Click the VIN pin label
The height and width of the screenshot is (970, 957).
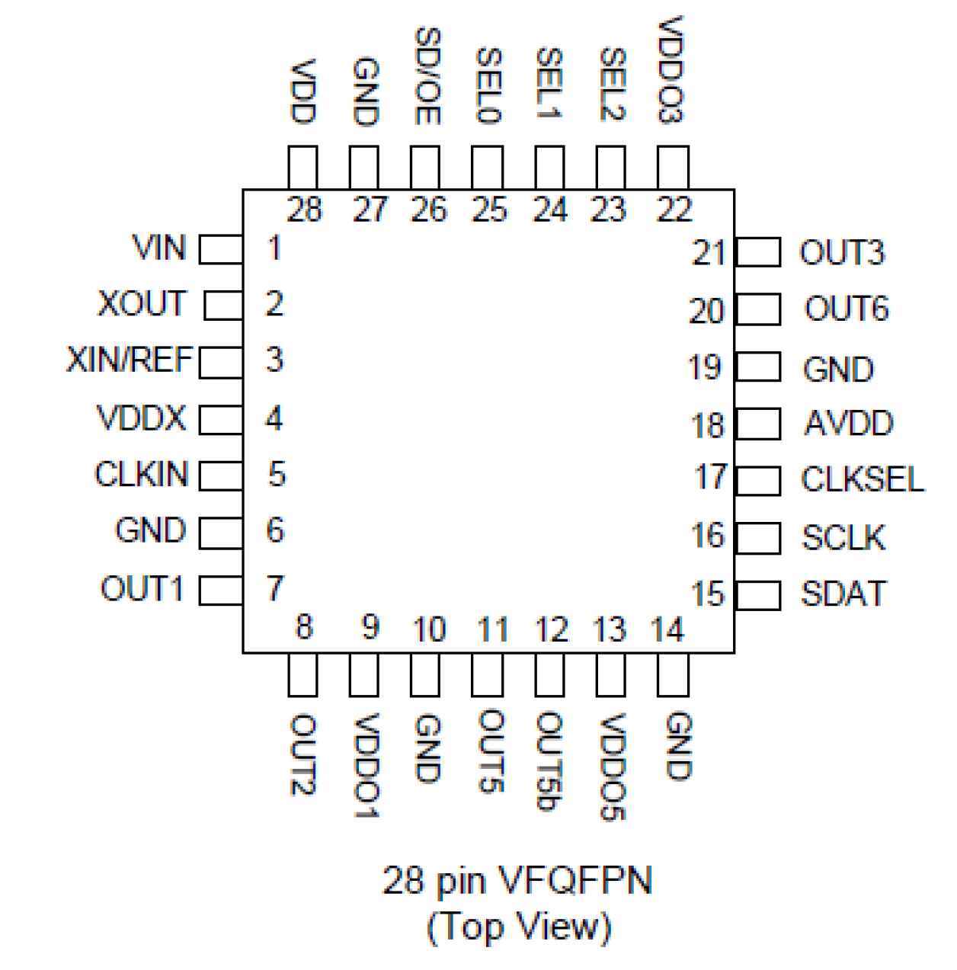(158, 248)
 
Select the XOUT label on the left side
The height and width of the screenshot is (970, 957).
(142, 303)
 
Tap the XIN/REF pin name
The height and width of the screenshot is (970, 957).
(130, 360)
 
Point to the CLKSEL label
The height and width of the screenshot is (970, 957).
(862, 479)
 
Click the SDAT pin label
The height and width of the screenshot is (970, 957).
(843, 594)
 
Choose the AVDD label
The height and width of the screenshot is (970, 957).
(848, 424)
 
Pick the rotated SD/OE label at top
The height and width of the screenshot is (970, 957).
(427, 76)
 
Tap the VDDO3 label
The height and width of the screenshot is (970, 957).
(671, 70)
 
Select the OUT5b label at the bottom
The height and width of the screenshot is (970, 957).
(549, 762)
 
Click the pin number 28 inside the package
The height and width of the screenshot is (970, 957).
(305, 210)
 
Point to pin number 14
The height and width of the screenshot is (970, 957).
(667, 630)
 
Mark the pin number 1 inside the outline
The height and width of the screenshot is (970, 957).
(274, 248)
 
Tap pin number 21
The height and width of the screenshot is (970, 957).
(708, 253)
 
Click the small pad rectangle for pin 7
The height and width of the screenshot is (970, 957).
(221, 591)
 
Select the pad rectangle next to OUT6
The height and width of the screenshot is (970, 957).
(758, 309)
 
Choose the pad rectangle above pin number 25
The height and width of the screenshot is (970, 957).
(487, 168)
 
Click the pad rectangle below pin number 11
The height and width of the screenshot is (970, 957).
(487, 675)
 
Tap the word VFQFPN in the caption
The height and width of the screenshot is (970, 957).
(575, 881)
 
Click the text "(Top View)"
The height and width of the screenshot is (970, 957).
(519, 927)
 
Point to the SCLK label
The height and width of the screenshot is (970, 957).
(843, 538)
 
